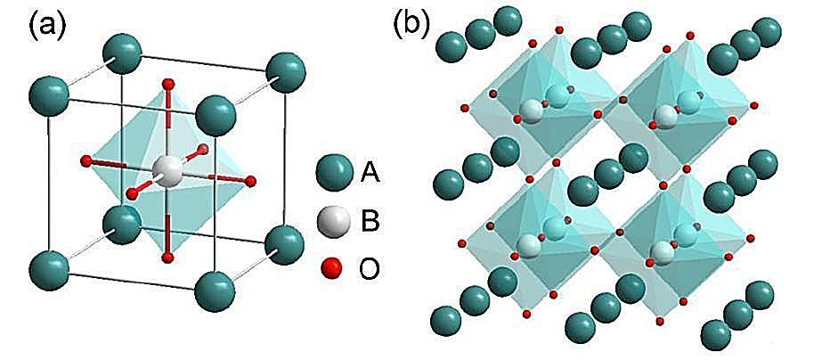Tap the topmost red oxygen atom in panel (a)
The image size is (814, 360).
167,85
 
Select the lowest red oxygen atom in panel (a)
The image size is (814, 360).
167,258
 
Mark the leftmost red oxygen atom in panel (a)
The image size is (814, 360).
85,161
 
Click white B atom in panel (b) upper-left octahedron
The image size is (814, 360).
531,111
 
